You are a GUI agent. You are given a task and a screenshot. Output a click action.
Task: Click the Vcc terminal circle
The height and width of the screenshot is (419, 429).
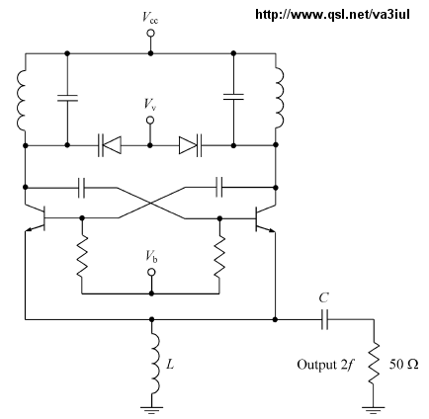[151, 34]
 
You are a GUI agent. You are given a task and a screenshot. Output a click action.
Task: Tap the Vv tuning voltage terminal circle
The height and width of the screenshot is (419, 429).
[150, 121]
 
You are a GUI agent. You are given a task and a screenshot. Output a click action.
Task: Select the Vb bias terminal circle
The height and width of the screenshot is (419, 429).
[151, 272]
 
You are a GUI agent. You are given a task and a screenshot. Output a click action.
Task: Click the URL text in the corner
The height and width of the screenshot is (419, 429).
[332, 15]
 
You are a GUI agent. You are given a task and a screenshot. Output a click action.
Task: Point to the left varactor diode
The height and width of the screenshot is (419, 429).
[110, 145]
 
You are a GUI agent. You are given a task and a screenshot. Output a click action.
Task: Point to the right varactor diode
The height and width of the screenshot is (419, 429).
[191, 145]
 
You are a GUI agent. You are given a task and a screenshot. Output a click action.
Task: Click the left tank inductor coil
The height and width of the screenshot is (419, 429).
[21, 100]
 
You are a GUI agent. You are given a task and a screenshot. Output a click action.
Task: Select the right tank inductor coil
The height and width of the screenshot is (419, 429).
[280, 98]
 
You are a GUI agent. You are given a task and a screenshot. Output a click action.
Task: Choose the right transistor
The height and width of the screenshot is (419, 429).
[265, 218]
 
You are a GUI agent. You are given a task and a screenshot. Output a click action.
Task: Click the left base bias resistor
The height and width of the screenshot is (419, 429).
[82, 256]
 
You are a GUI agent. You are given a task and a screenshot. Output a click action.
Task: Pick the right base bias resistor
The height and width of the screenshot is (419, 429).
[219, 256]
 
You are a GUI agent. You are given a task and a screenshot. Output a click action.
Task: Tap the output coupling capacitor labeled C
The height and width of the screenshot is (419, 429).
[324, 319]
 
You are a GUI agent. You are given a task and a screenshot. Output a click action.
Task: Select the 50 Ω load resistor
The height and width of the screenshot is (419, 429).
[374, 364]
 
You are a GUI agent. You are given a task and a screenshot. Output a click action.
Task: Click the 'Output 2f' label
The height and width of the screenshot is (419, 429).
[325, 365]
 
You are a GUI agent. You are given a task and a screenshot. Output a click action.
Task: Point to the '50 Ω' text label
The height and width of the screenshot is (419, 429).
[404, 365]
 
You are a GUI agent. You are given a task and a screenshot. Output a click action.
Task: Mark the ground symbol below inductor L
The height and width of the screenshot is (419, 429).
[151, 410]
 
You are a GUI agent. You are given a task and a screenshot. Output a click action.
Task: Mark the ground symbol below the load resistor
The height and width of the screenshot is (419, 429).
[374, 410]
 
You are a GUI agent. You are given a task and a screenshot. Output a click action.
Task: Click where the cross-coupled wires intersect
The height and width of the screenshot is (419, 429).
[151, 203]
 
